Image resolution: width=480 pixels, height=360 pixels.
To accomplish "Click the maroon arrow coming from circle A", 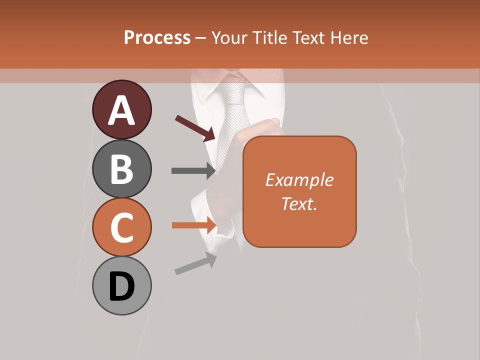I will click(x=195, y=128).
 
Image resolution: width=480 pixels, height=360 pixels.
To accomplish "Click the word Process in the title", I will click(x=157, y=37).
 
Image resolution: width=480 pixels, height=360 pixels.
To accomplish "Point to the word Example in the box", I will click(x=299, y=180).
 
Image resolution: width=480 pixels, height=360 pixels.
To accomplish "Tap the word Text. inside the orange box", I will click(x=299, y=204).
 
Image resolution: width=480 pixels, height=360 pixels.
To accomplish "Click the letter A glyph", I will click(x=121, y=110).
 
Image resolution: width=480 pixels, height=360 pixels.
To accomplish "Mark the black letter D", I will click(x=121, y=286).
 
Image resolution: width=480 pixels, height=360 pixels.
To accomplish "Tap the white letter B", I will click(x=121, y=169).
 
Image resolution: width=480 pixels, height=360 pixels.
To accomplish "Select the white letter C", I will click(x=121, y=227).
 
